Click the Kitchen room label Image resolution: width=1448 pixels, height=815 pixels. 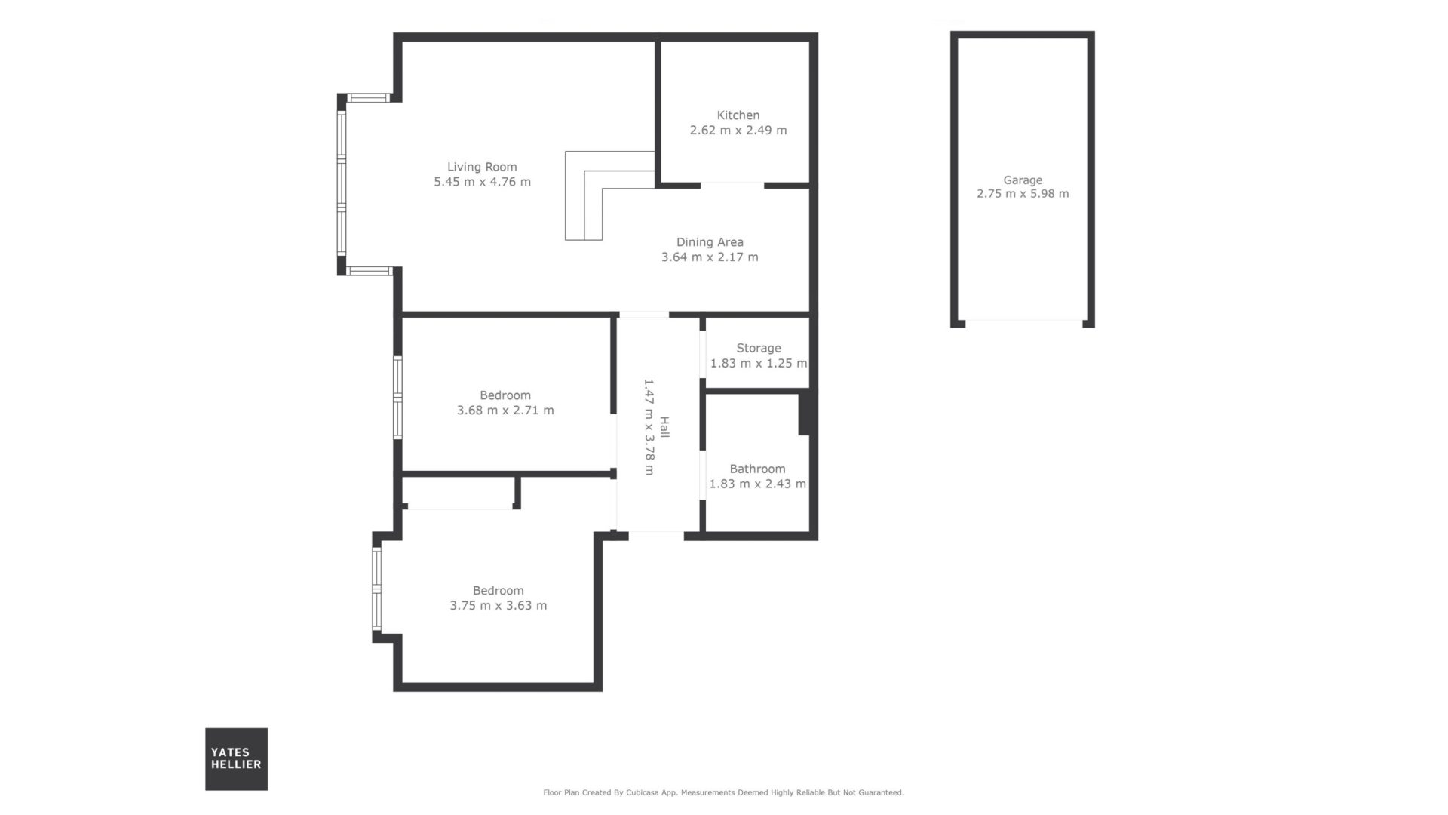coord(738,115)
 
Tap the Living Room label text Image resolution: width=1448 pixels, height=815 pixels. coord(482,168)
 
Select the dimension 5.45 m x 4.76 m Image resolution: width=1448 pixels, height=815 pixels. coord(482,182)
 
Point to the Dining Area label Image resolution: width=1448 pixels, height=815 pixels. coord(710,242)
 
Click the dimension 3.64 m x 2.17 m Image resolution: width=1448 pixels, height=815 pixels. coord(710,257)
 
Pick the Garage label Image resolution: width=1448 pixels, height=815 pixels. coord(1023,180)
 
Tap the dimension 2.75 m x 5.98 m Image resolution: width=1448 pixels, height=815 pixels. coord(1023,194)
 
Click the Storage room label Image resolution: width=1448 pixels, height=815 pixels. coord(759,349)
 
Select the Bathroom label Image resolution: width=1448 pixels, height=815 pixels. coord(757,469)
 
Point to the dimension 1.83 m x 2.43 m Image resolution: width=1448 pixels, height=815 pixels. coord(757,484)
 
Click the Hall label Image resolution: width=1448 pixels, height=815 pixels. coord(664,427)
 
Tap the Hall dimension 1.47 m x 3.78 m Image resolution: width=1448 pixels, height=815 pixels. coord(649,427)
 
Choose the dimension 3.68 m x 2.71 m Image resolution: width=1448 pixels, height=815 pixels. coord(505,411)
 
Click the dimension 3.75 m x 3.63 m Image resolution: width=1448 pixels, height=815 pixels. coord(499,606)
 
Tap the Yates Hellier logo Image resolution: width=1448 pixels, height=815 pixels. coord(236,759)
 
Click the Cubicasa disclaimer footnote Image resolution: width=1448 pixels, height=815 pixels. coord(723,792)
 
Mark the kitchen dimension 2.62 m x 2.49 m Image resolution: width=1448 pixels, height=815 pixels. coord(738,131)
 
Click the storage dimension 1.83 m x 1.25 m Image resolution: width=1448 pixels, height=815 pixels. coord(759,364)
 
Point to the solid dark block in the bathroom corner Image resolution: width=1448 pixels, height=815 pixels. coord(805,412)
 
